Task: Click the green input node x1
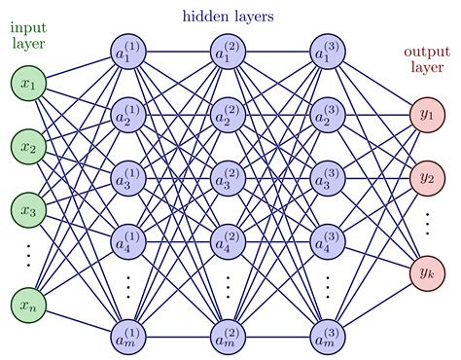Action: [29, 86]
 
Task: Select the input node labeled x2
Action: [29, 147]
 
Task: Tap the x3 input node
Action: [29, 209]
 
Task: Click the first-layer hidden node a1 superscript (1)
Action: [128, 54]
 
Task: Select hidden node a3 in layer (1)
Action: [128, 178]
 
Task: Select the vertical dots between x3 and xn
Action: [29, 256]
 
